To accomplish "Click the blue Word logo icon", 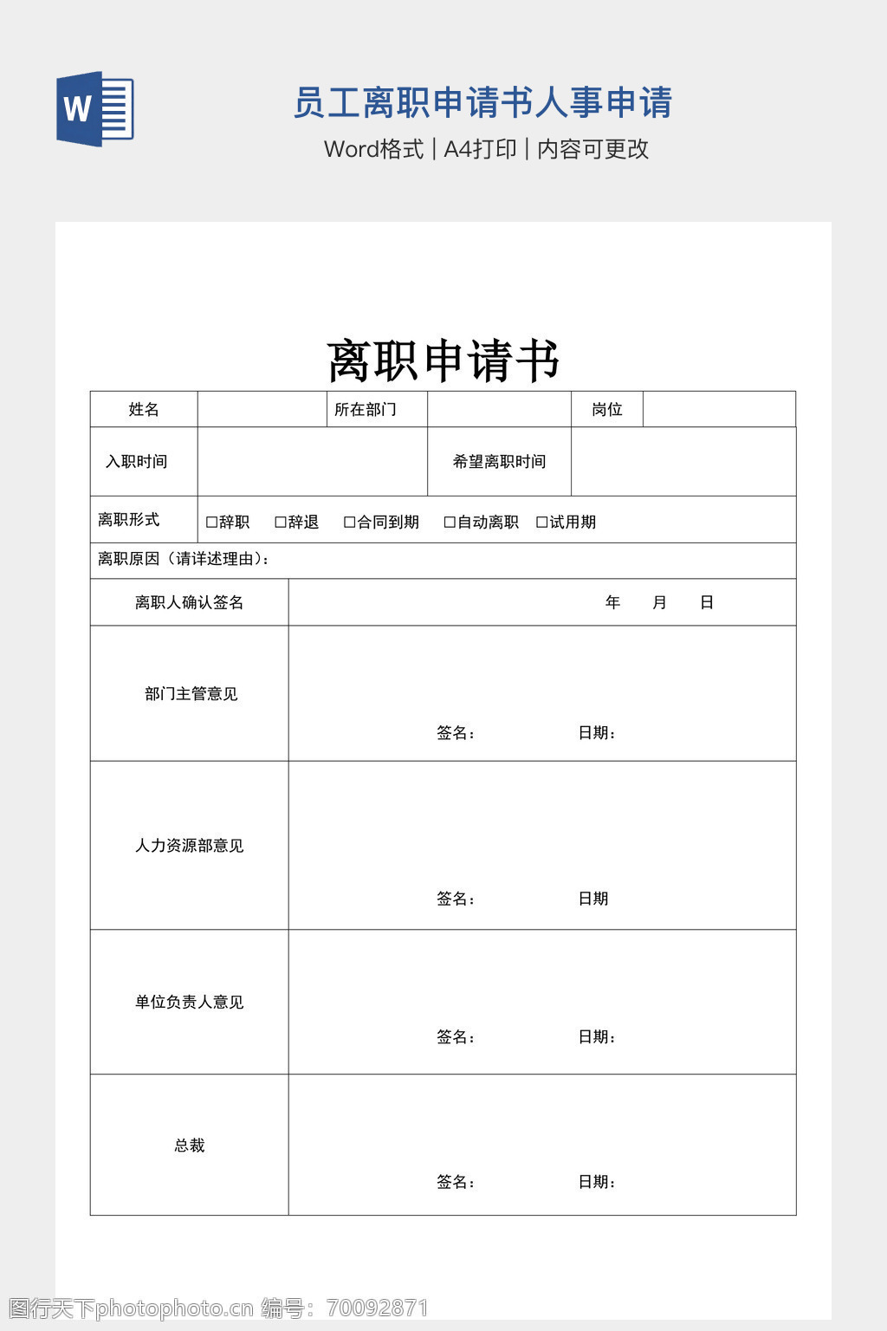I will [95, 109].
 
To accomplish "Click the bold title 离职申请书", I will [443, 360].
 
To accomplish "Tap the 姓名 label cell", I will [144, 410].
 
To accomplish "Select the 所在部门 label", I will [366, 410].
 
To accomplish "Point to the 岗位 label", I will [607, 410].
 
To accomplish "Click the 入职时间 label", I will [137, 462].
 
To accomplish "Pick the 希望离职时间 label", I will [499, 462].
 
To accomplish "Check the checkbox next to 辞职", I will [211, 523].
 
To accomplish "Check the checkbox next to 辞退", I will [281, 523].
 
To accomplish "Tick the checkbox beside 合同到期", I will [350, 523].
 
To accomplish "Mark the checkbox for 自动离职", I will [450, 523].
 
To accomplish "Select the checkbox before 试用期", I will [542, 523].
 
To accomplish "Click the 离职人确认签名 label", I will [189, 602].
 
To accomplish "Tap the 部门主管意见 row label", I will [191, 694].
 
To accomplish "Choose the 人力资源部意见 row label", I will [189, 846].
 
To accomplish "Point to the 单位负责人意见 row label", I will [189, 1003].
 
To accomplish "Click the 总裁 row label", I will [189, 1146].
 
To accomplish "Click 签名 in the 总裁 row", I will [455, 1182].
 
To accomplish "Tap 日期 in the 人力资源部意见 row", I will [593, 899].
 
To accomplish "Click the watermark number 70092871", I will [378, 1308].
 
